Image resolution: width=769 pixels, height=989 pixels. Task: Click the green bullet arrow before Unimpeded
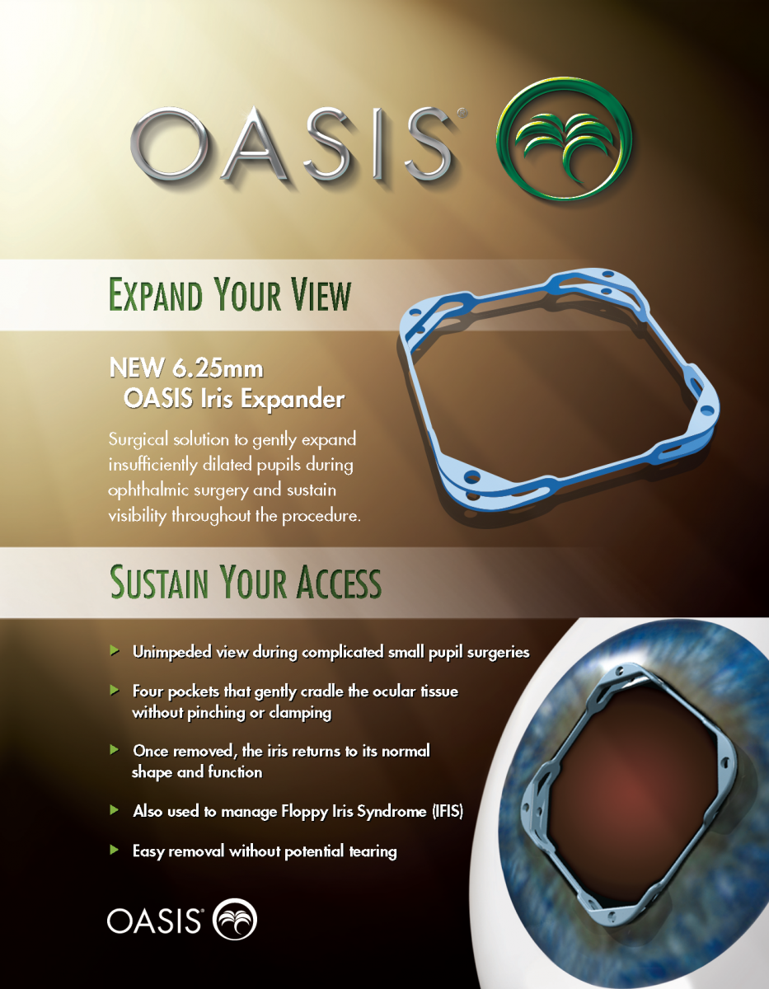point(115,651)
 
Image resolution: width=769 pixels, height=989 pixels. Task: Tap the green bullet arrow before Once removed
point(115,750)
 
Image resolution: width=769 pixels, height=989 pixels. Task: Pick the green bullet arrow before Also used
point(115,810)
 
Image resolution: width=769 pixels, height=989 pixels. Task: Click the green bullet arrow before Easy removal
point(115,849)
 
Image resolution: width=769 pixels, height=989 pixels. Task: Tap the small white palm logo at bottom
point(235,920)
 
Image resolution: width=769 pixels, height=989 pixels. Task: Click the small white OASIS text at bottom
point(155,921)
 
